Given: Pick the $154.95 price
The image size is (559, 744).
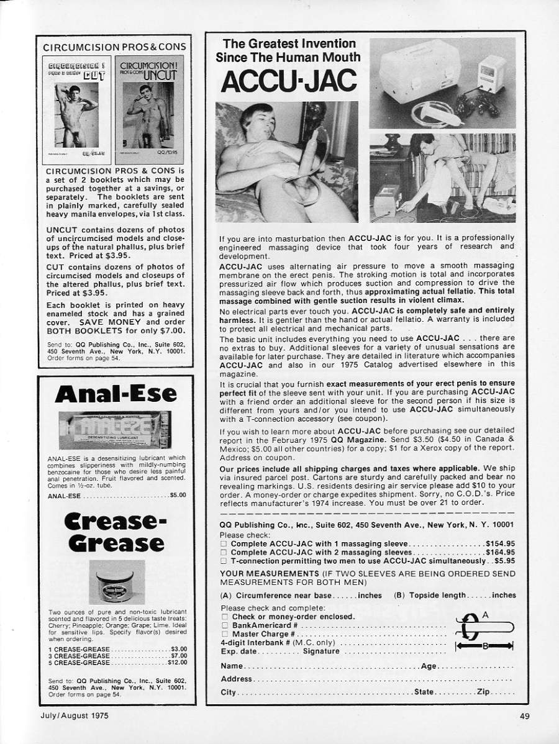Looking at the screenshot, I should [x=501, y=543].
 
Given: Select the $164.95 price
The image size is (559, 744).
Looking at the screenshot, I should [x=501, y=551].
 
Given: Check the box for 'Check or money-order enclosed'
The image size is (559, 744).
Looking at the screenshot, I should [x=224, y=617].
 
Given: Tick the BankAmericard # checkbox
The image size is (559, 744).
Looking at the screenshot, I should [x=224, y=625].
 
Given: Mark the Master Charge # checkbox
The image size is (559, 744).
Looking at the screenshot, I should [x=224, y=634].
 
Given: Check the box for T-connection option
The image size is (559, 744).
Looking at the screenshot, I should [x=224, y=560].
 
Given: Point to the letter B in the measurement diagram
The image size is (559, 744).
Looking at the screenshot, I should [x=485, y=646].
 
